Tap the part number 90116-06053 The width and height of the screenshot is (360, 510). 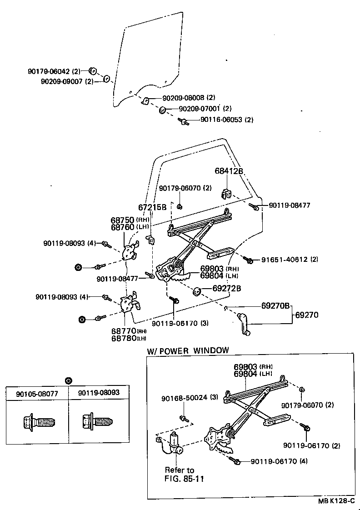(x=221, y=120)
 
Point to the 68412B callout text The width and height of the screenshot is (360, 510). (x=229, y=171)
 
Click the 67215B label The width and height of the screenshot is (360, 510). (x=152, y=207)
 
